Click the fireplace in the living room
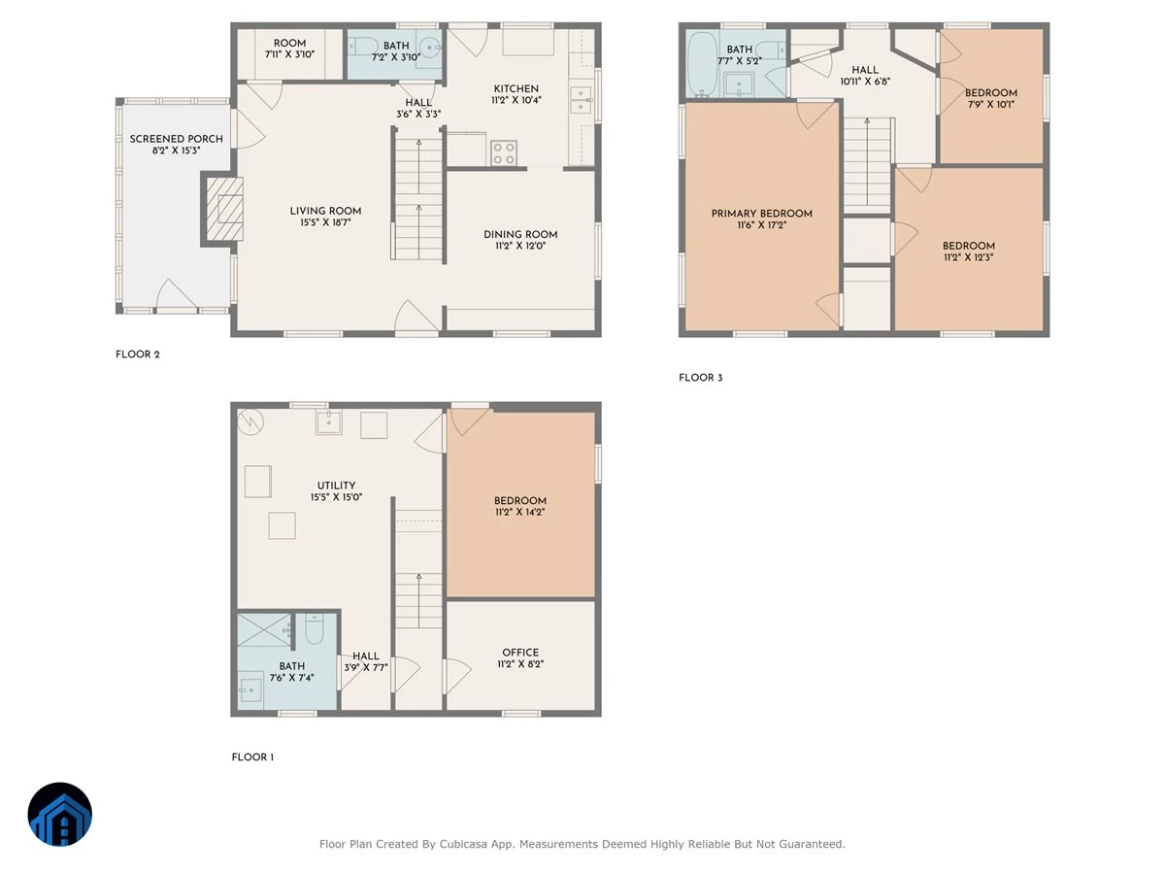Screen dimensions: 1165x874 (x=224, y=209)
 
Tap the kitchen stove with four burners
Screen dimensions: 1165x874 (x=503, y=152)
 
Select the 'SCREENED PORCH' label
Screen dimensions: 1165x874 (x=177, y=139)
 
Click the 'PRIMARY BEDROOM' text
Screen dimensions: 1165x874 (x=762, y=214)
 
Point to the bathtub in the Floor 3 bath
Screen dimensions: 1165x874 (x=702, y=65)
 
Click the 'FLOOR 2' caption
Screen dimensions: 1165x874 (x=138, y=354)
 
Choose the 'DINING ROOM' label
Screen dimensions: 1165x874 (x=520, y=235)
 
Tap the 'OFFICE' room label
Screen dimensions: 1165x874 (x=520, y=653)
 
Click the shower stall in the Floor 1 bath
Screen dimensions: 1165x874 (x=264, y=630)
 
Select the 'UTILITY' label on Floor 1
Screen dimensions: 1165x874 (x=336, y=486)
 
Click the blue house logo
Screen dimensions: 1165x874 (x=60, y=814)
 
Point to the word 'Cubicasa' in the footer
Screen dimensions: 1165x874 (x=462, y=844)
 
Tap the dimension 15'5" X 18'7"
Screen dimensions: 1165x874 (x=325, y=222)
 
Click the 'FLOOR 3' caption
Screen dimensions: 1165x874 (x=701, y=378)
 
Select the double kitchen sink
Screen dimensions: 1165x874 (x=582, y=100)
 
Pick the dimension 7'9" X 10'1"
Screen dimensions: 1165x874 (x=991, y=105)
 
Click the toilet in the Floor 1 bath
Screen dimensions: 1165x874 (x=315, y=629)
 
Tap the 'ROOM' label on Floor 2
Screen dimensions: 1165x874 (x=289, y=43)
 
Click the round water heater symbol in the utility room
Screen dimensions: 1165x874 (x=250, y=422)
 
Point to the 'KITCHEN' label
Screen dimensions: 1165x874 (x=516, y=88)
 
